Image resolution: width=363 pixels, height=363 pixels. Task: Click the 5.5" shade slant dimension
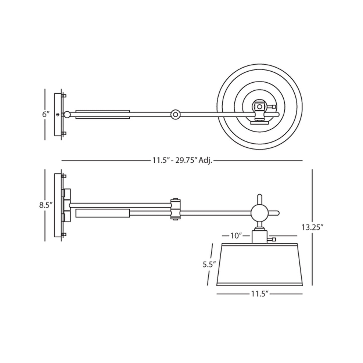210,264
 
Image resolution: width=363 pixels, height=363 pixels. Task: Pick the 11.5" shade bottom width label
260,294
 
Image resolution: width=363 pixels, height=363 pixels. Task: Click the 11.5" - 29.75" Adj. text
182,160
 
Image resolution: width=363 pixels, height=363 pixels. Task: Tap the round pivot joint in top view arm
175,115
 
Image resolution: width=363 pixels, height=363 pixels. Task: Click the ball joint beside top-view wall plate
67,115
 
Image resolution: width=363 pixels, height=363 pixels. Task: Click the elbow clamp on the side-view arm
176,209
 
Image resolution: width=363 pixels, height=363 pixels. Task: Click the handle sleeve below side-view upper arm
102,213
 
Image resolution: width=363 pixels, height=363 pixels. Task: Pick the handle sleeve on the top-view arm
102,114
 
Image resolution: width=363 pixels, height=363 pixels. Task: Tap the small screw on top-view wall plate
58,115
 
